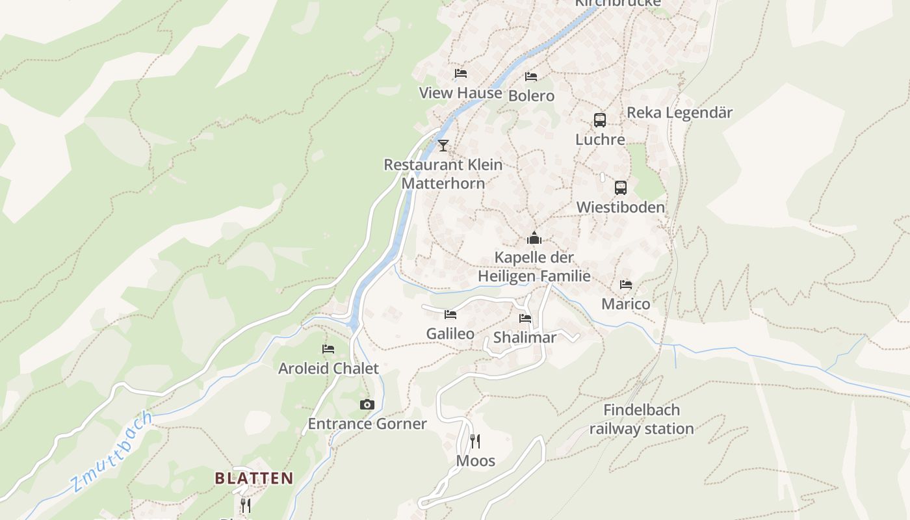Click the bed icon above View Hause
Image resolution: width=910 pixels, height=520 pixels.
(x=461, y=73)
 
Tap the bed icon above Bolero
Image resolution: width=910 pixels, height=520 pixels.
(x=531, y=76)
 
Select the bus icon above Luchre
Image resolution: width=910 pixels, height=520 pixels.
(x=600, y=120)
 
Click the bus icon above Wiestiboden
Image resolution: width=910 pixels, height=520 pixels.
(x=621, y=188)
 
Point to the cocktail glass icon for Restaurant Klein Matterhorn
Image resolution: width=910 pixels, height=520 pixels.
(x=443, y=145)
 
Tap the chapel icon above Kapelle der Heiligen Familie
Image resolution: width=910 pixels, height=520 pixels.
(x=534, y=238)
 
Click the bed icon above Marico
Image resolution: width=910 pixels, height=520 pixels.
(x=626, y=285)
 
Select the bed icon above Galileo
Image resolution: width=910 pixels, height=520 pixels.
(x=450, y=315)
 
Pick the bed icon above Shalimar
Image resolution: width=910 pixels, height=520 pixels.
(x=525, y=318)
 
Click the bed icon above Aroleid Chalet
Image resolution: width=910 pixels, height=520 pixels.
(x=328, y=349)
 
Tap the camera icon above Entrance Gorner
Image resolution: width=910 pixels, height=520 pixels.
(x=367, y=405)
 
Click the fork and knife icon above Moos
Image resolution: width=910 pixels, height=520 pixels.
(x=475, y=442)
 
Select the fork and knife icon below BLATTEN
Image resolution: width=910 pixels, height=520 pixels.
(x=246, y=505)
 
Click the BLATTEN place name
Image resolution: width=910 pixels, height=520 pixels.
(x=254, y=478)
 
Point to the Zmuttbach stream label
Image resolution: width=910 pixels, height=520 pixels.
(x=112, y=451)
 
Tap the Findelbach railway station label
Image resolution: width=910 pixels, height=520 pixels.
(x=642, y=419)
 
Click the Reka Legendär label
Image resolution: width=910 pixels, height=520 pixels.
(x=679, y=112)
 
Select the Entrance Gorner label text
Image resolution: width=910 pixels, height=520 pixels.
(x=367, y=424)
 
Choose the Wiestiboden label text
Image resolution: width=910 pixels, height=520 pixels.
(x=621, y=207)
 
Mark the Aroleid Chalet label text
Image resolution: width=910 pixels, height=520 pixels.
(x=328, y=369)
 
